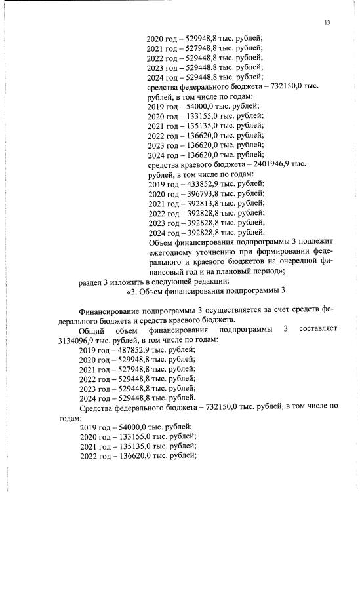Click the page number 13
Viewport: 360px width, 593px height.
327,24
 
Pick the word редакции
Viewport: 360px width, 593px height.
209,281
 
